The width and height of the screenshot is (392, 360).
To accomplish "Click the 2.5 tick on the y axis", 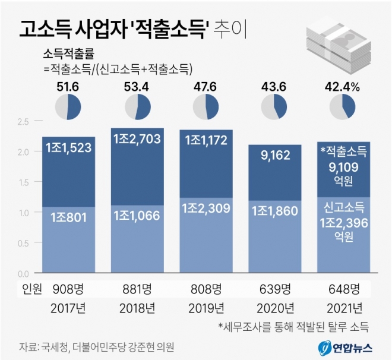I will tap(23, 122).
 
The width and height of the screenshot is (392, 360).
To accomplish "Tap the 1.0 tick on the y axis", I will tap(23, 213).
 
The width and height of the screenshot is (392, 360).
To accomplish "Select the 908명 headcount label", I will tap(68, 289).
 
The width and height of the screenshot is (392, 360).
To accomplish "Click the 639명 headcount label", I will tap(274, 289).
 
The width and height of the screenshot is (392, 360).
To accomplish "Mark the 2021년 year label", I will tap(343, 308).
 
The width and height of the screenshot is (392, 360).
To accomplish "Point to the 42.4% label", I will tap(343, 87).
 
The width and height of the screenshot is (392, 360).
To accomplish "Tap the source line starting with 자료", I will tap(98, 346).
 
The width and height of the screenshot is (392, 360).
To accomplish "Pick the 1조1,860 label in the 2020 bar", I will tap(274, 211).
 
